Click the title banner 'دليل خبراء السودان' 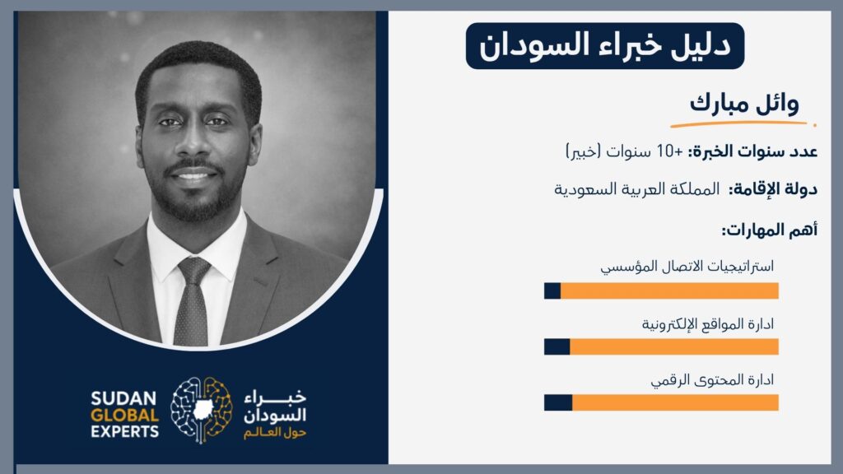[605, 46]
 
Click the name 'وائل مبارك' [744, 102]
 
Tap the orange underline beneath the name [743, 124]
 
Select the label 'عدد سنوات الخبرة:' [752, 151]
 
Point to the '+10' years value [670, 151]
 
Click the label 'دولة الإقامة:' [773, 189]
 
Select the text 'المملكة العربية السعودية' [636, 189]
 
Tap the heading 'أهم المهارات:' [770, 230]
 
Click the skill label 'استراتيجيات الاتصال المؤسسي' [687, 266]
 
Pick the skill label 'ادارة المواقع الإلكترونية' [707, 324]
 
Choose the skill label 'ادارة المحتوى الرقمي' [712, 380]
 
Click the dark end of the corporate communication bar [552, 290]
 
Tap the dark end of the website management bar [557, 346]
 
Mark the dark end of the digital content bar [558, 402]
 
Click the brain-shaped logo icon [202, 410]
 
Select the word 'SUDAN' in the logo [123, 399]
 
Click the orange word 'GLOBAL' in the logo [125, 416]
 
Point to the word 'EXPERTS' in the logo [125, 431]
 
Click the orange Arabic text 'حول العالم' [275, 433]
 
